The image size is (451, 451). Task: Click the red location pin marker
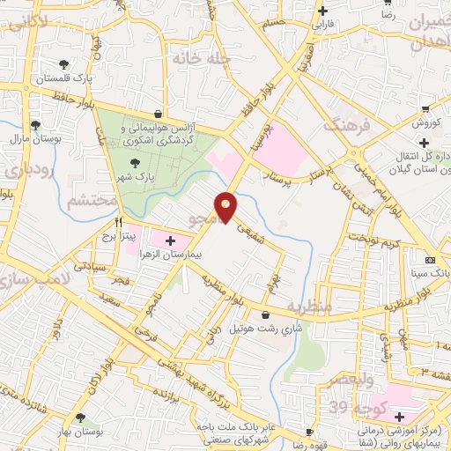(226, 205)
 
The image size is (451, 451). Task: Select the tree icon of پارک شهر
(134, 162)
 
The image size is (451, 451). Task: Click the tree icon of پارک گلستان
(63, 64)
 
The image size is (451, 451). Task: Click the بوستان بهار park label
(81, 432)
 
